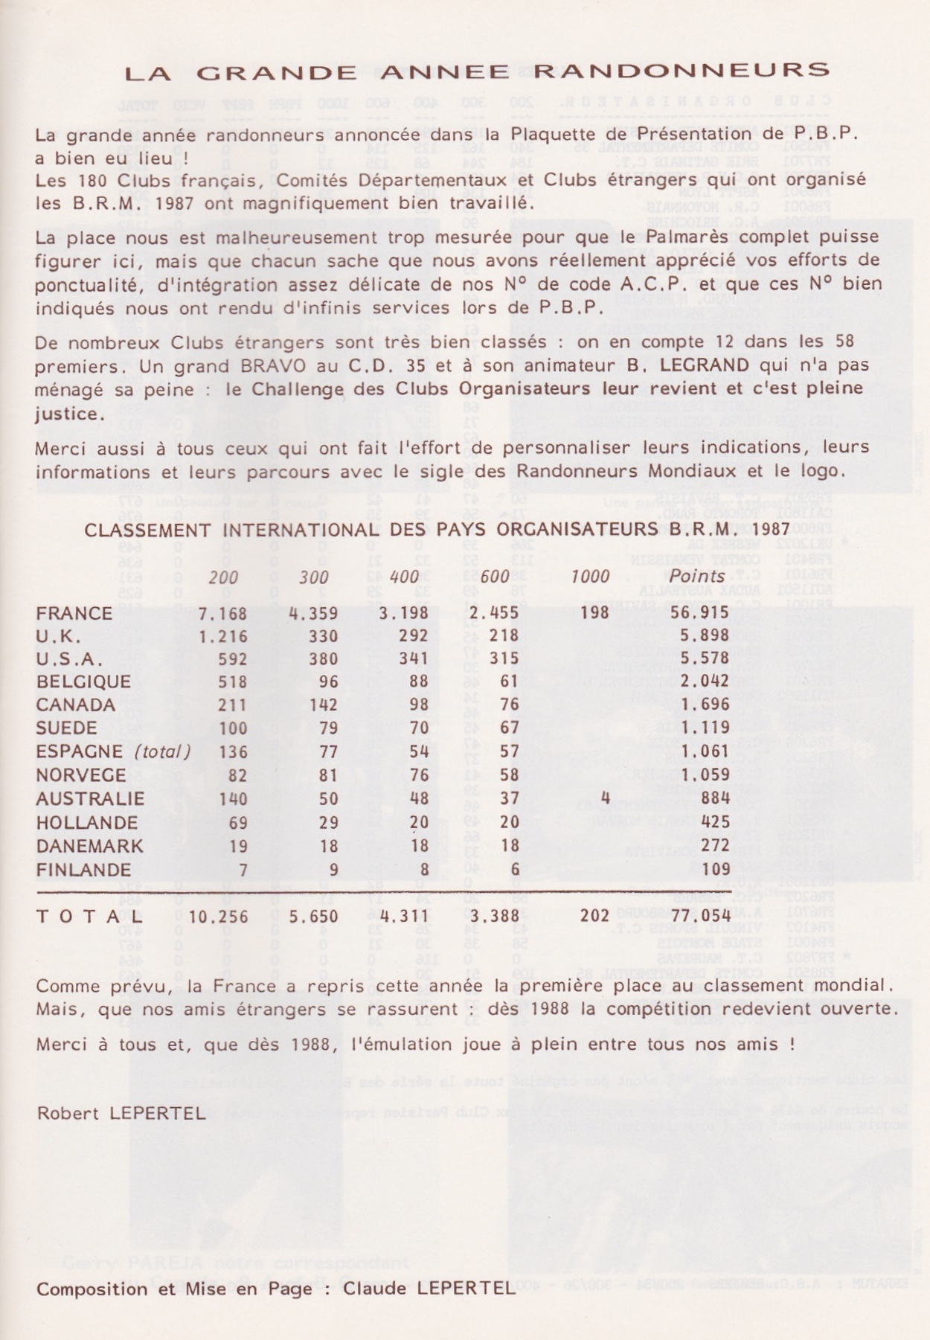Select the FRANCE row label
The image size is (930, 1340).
click(x=74, y=613)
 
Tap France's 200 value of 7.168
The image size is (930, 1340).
click(x=222, y=613)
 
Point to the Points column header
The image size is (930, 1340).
click(x=696, y=575)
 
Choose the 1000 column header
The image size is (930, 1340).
click(x=590, y=575)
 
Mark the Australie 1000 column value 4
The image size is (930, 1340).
click(x=605, y=798)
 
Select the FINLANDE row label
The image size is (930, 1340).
click(x=83, y=870)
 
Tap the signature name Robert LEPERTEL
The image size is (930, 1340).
click(x=121, y=1114)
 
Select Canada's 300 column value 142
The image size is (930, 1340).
click(x=322, y=705)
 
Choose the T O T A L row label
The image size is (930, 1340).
click(x=89, y=916)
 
